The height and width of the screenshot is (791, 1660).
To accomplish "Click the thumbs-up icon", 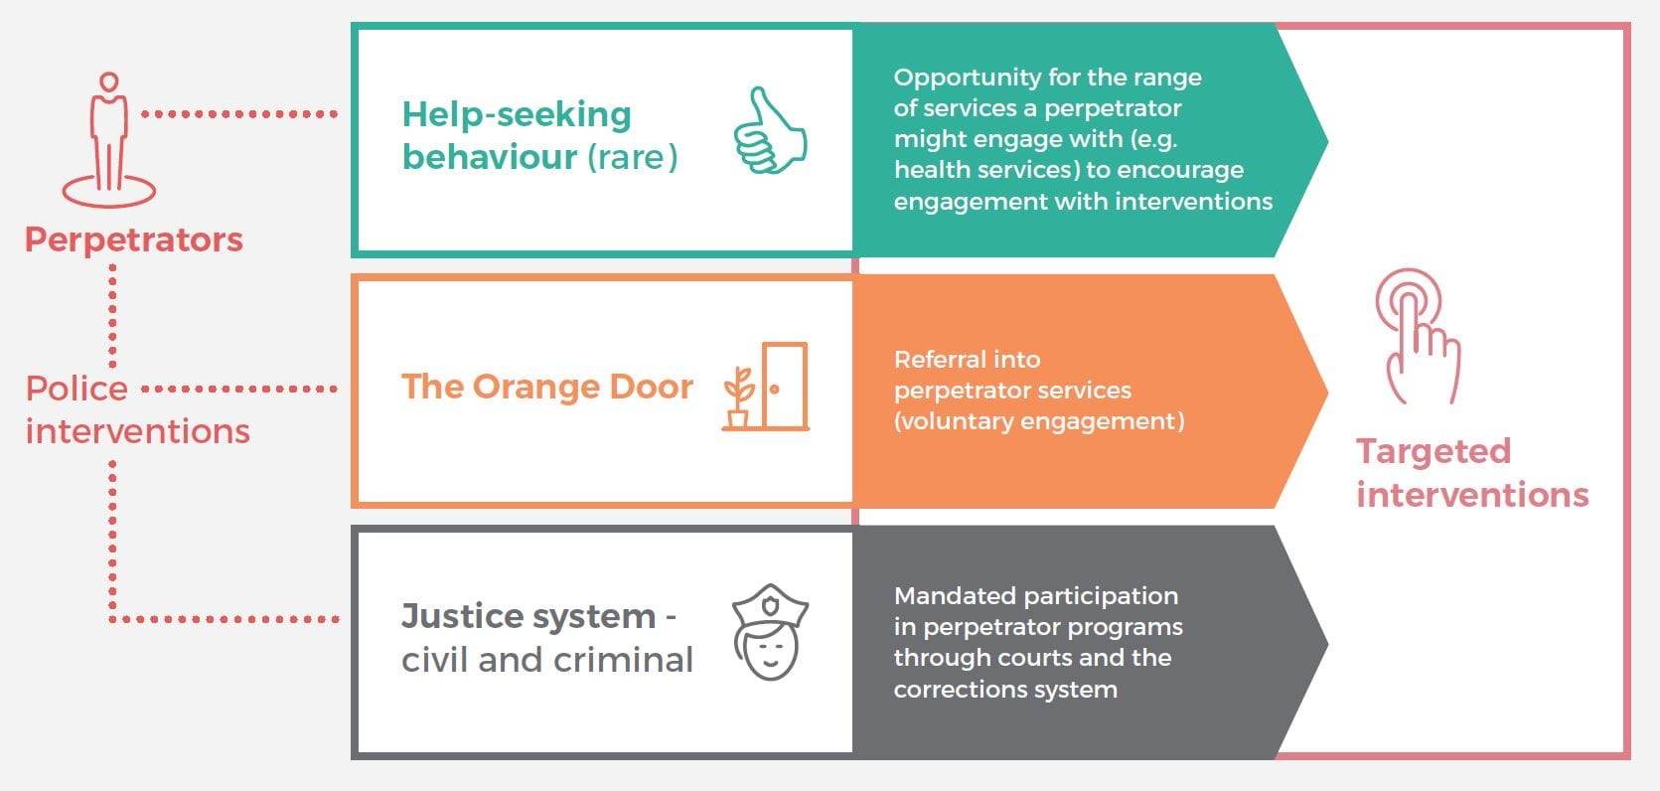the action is coord(770,131).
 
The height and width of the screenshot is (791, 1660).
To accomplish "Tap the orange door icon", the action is coord(785,386).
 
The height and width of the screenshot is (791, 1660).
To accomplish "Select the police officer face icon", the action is coord(770,632).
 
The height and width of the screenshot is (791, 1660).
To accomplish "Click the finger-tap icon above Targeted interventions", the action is coord(1418,336).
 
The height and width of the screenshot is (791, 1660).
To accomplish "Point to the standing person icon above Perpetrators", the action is coord(109,140).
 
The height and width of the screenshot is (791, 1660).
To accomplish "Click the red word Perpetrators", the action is coord(134,239).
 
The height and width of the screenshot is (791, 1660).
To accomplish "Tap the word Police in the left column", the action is coord(77,389).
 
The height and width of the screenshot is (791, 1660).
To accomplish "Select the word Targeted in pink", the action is coord(1434,451).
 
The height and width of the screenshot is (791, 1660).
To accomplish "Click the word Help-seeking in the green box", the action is coord(517,115).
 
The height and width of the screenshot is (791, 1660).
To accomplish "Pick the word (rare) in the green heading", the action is coord(633,157).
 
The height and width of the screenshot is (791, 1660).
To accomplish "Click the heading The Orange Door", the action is coord(547,387).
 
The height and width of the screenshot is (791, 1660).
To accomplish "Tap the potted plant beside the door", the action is coord(739,397).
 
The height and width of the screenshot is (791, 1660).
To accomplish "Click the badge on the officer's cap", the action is coord(771,605).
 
